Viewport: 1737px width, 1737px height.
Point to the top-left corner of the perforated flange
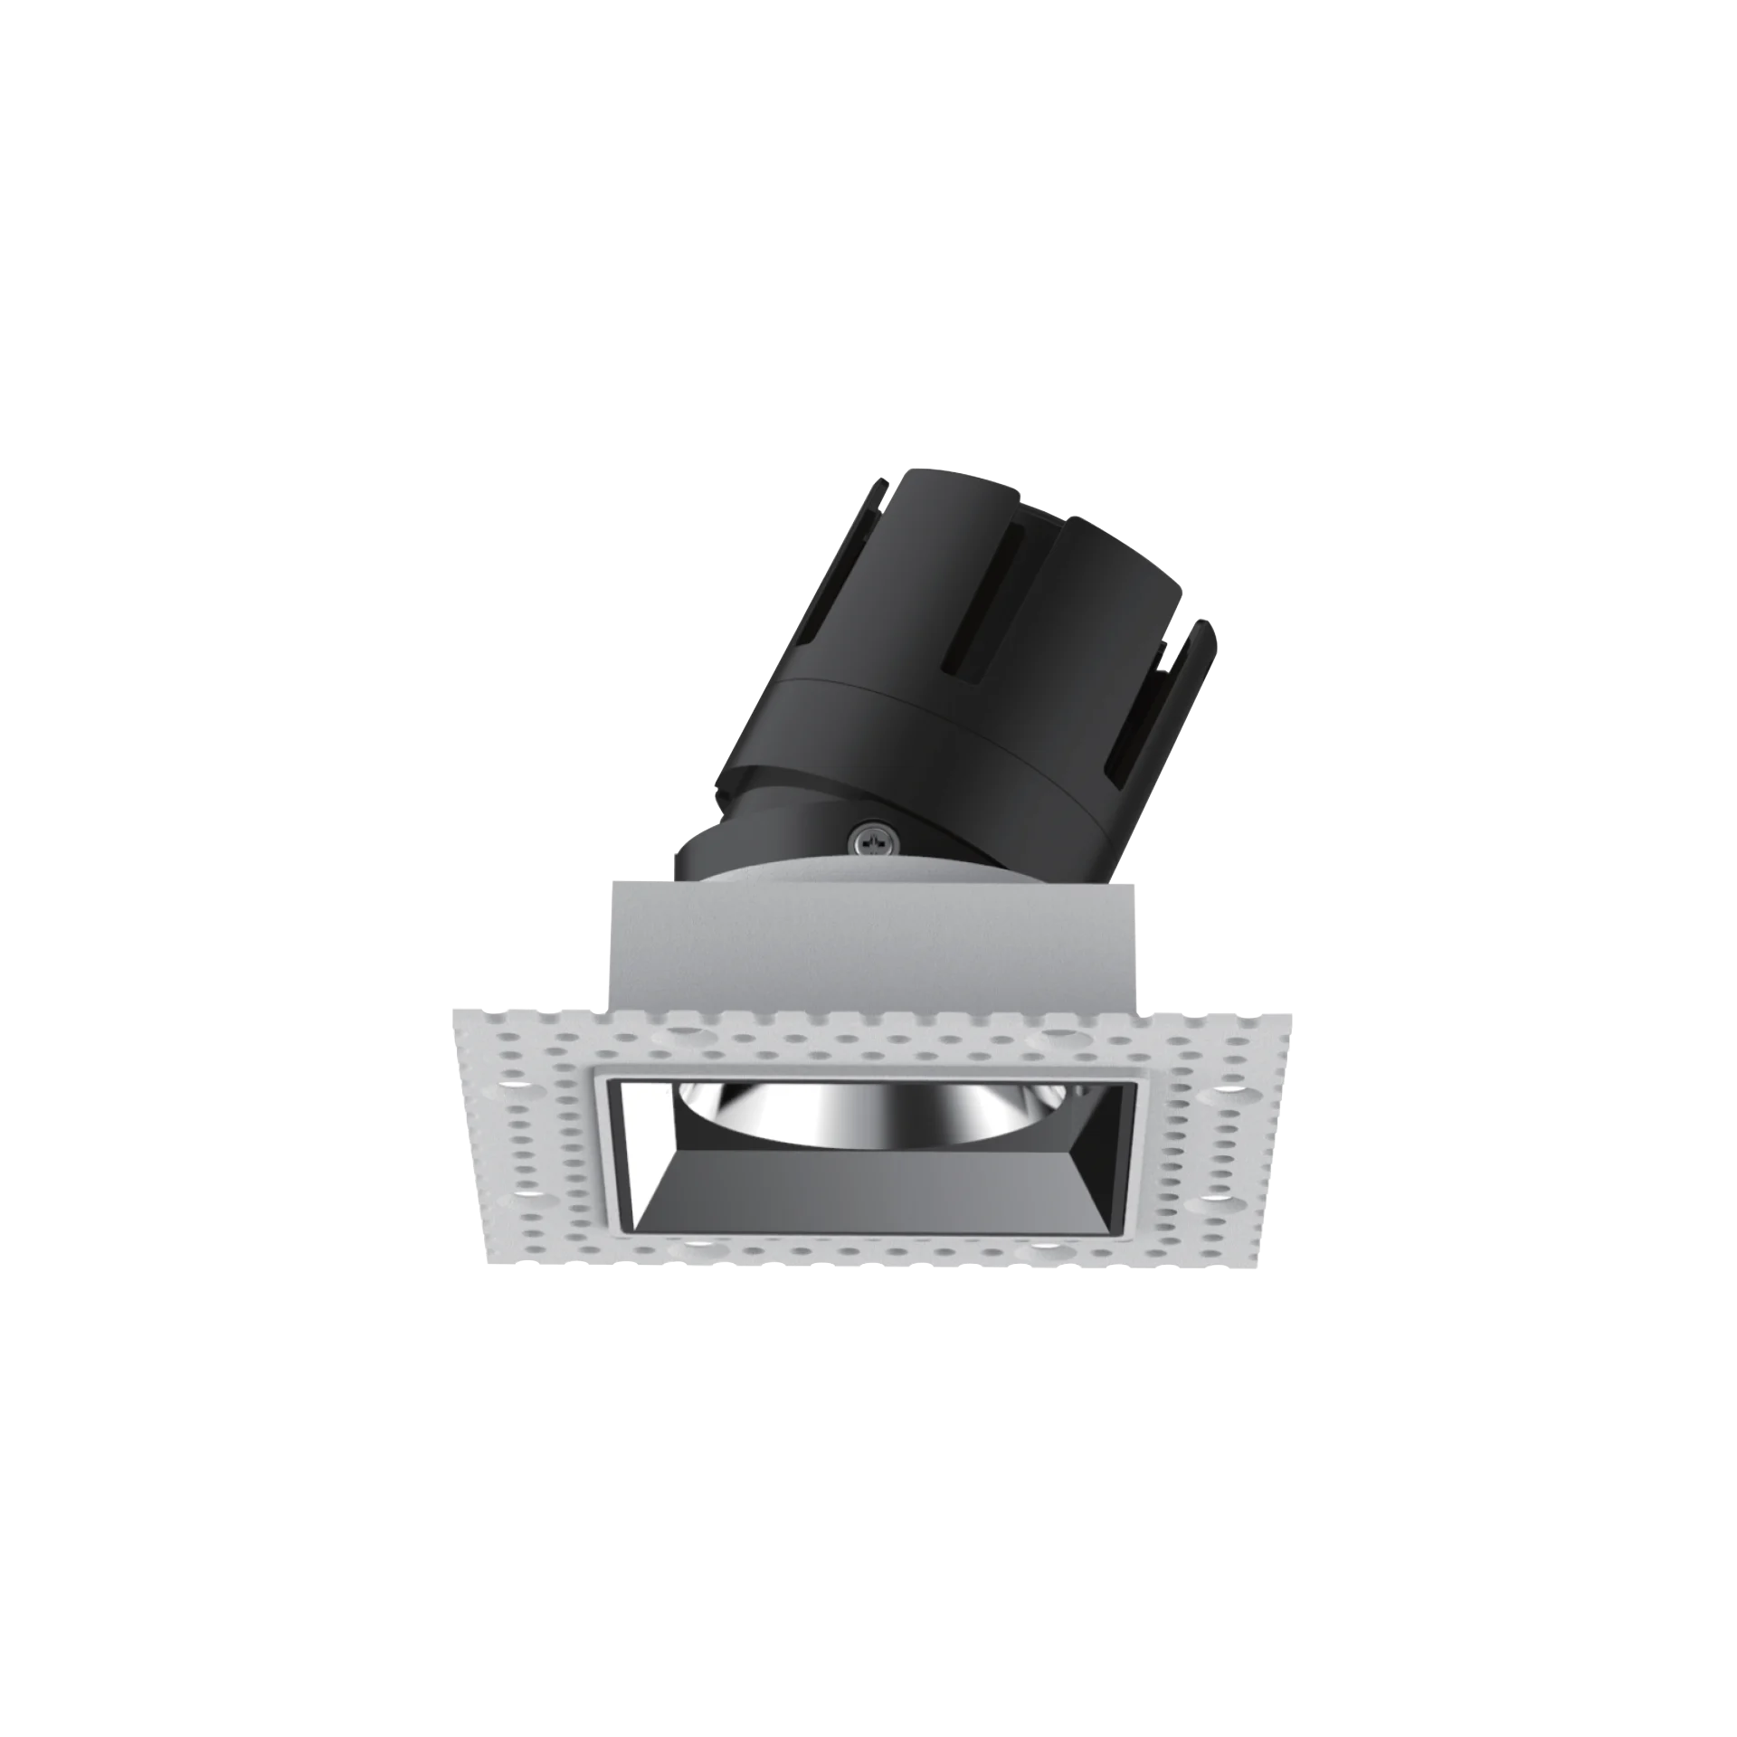451,1014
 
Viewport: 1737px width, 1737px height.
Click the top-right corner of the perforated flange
1292,1009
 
